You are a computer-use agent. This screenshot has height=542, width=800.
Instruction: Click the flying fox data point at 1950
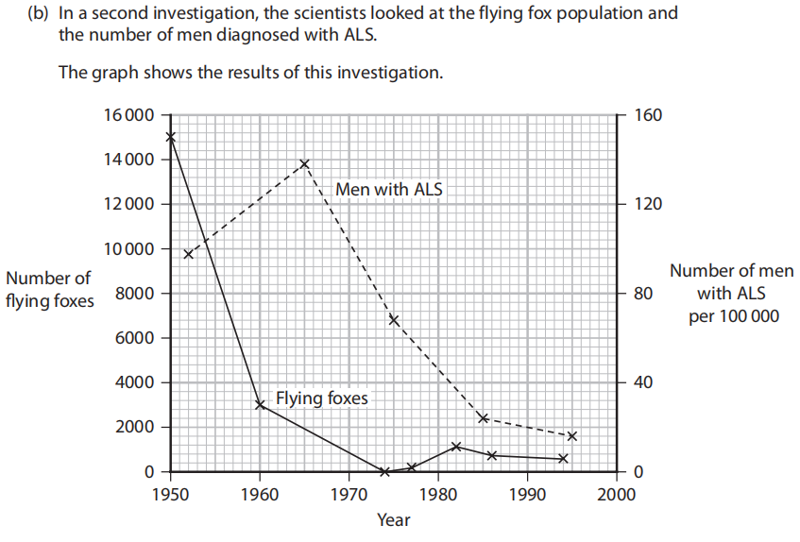point(171,137)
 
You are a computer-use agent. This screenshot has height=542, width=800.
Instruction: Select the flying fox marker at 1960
point(260,405)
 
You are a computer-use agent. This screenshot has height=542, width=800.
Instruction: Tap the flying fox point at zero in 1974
point(384,471)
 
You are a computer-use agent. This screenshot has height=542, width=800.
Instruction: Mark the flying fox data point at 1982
point(456,447)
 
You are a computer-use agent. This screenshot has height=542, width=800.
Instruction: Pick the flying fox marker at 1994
point(563,459)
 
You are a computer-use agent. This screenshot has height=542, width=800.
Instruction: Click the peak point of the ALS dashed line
point(305,163)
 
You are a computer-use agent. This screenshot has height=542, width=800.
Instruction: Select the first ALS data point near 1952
point(188,254)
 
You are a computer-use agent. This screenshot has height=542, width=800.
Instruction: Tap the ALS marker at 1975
point(394,320)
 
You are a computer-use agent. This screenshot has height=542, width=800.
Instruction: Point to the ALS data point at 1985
point(483,418)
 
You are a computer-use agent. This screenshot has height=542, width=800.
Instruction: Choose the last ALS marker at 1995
point(572,436)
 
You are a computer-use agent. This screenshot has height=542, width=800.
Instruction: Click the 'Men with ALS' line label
point(388,190)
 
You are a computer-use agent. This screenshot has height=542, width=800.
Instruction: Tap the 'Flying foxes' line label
point(321,398)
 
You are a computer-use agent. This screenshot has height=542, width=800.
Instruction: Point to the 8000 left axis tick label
point(136,294)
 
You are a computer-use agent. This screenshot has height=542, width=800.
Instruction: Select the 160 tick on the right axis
point(650,115)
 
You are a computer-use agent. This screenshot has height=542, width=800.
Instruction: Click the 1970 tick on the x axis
point(349,492)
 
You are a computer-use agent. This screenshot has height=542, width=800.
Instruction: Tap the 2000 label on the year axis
point(617,492)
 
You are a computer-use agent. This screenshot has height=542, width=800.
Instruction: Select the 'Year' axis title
point(393,519)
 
